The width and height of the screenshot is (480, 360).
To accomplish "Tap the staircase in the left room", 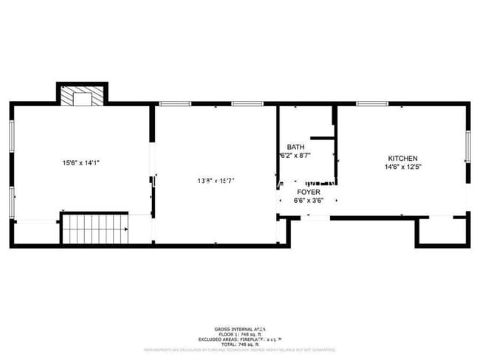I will click(x=95, y=228).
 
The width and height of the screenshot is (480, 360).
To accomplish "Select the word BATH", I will click(x=295, y=147).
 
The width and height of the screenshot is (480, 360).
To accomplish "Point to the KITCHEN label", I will click(x=403, y=159).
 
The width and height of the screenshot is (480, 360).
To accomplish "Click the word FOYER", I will click(x=308, y=192).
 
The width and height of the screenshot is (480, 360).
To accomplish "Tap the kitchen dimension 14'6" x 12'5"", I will click(x=403, y=167).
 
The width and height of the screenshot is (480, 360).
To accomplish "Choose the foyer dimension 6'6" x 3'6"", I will click(x=308, y=200).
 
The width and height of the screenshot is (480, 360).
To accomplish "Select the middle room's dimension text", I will click(x=216, y=180).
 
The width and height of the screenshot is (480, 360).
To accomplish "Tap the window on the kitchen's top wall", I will click(x=372, y=104).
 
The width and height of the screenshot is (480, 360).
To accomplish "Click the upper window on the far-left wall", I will click(x=11, y=136).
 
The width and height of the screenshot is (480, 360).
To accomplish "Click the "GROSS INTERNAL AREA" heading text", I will click(x=239, y=329).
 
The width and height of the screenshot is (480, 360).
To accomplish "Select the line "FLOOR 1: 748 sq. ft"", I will click(x=239, y=334).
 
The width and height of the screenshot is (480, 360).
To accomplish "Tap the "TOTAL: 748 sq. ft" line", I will click(x=239, y=345).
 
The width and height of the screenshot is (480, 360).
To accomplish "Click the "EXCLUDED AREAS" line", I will click(x=239, y=339).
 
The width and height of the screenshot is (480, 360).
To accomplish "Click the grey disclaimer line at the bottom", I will click(x=239, y=350).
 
